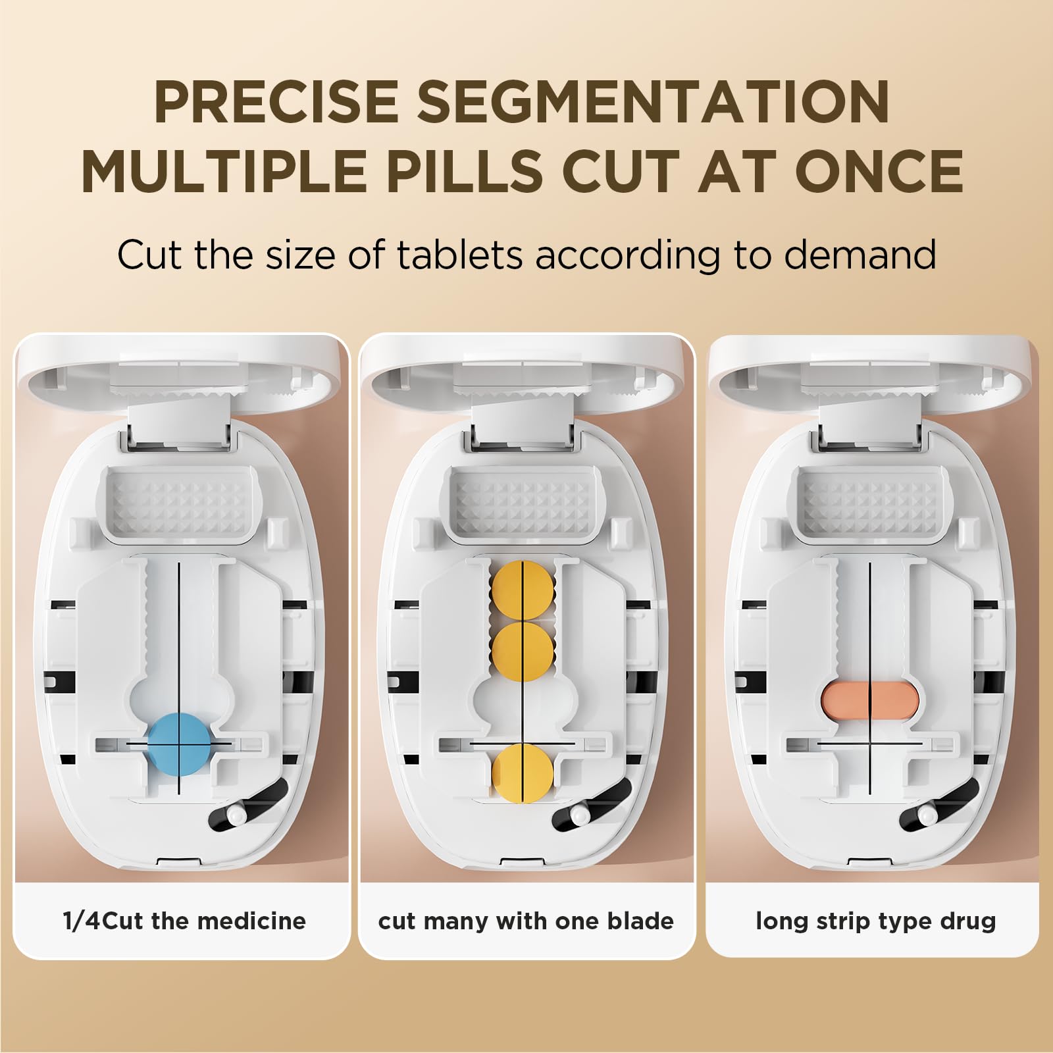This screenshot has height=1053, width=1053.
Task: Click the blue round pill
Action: pyautogui.click(x=178, y=742)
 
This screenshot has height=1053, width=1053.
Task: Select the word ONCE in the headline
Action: pyautogui.click(x=880, y=171)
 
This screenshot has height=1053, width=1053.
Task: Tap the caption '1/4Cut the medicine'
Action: pyautogui.click(x=184, y=920)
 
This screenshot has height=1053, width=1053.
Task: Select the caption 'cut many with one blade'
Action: pyautogui.click(x=526, y=920)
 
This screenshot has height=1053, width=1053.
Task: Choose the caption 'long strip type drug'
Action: pyautogui.click(x=875, y=921)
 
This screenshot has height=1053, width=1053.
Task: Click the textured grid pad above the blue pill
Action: pyautogui.click(x=177, y=503)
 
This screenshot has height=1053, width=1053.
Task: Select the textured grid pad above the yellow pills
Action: pyautogui.click(x=521, y=503)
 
